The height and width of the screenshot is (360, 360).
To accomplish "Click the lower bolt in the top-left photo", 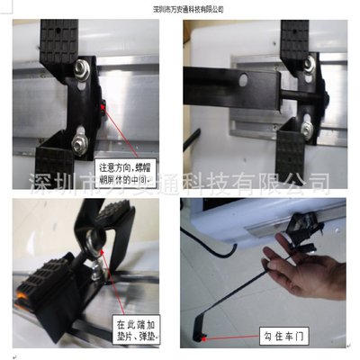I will pos(79,137).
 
